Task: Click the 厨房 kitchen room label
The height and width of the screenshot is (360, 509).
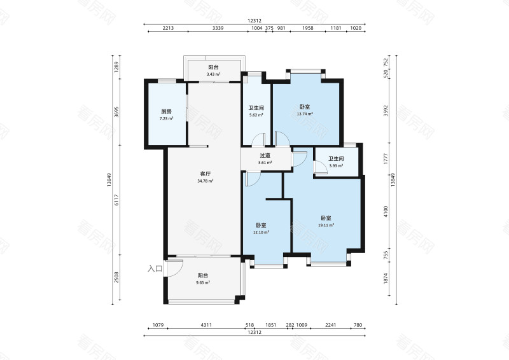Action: click(166, 111)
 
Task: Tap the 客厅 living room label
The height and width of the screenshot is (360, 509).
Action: click(205, 174)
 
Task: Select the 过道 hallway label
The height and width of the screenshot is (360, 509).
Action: click(265, 155)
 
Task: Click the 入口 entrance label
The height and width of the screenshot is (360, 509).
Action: click(155, 269)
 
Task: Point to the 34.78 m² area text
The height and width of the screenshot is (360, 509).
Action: click(205, 181)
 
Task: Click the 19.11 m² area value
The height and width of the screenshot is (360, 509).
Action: click(327, 225)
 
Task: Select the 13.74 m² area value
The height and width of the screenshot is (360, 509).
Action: click(305, 114)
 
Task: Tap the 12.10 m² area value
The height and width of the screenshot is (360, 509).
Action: click(261, 232)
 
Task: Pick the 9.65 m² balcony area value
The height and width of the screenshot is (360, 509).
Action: click(203, 282)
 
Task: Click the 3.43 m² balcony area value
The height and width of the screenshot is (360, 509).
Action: click(213, 74)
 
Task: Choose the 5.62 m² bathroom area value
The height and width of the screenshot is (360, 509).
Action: click(256, 115)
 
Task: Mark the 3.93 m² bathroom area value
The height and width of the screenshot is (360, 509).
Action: click(336, 166)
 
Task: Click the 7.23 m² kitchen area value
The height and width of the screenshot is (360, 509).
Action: click(166, 118)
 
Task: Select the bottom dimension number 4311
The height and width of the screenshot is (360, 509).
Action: click(206, 325)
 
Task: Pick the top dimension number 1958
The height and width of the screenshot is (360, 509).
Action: click(308, 28)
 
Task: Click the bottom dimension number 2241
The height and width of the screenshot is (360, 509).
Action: click(330, 325)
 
